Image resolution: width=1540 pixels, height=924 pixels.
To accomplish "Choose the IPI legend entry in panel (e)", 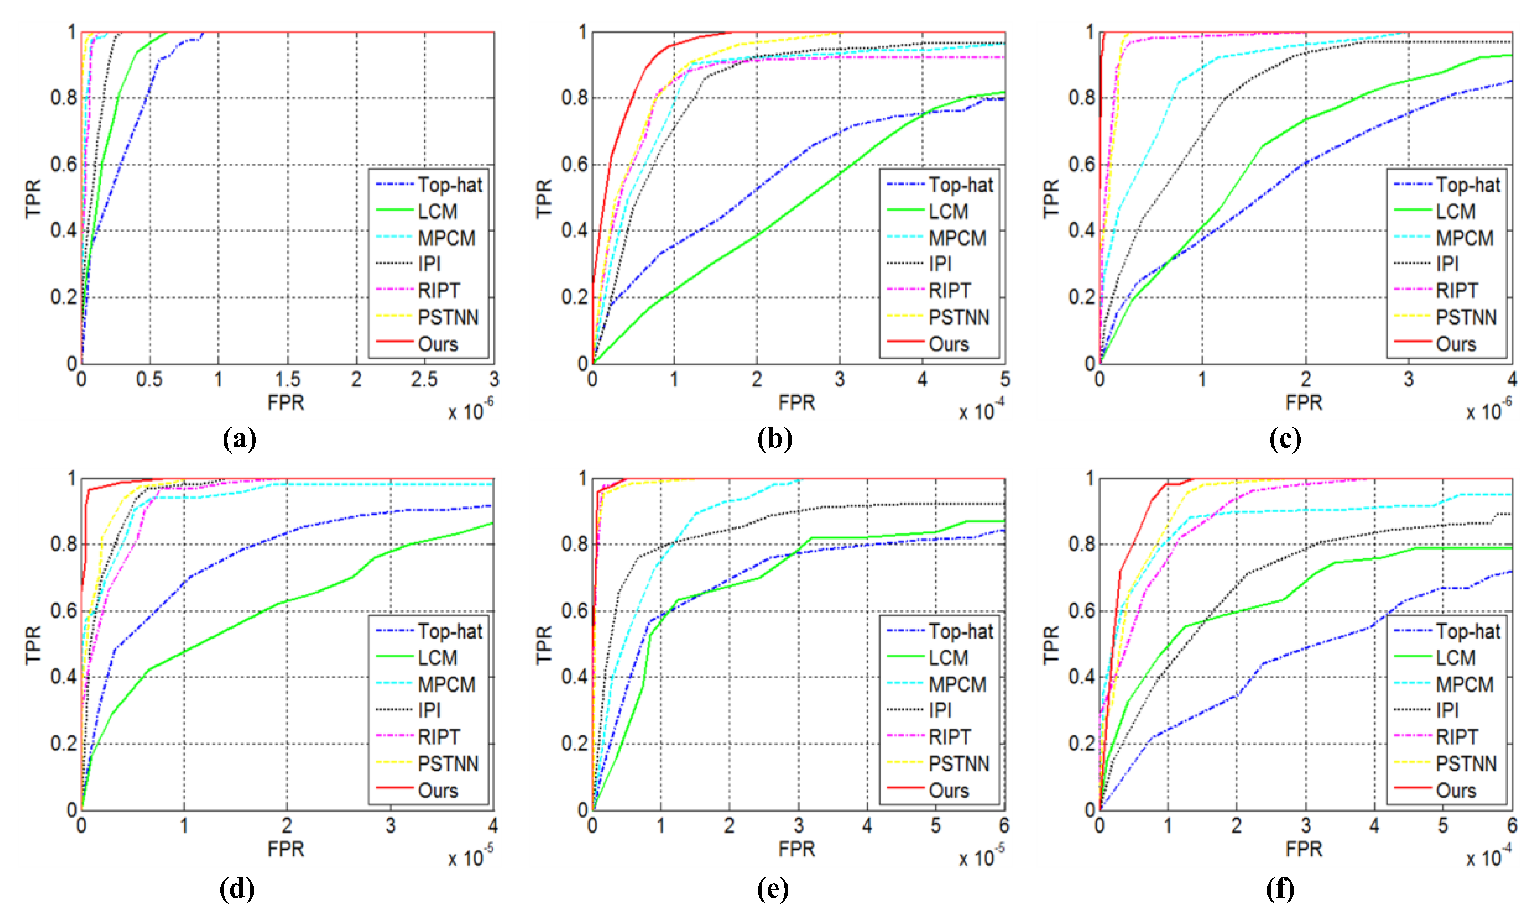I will pos(940,711).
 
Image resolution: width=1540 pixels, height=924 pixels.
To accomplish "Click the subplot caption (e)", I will pos(773,889).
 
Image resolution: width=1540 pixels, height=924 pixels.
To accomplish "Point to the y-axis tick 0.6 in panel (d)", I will pos(63,611).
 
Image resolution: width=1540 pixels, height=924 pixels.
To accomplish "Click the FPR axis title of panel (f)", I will pos(1304,849).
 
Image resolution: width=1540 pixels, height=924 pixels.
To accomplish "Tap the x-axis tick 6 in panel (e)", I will pos(1004,826).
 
